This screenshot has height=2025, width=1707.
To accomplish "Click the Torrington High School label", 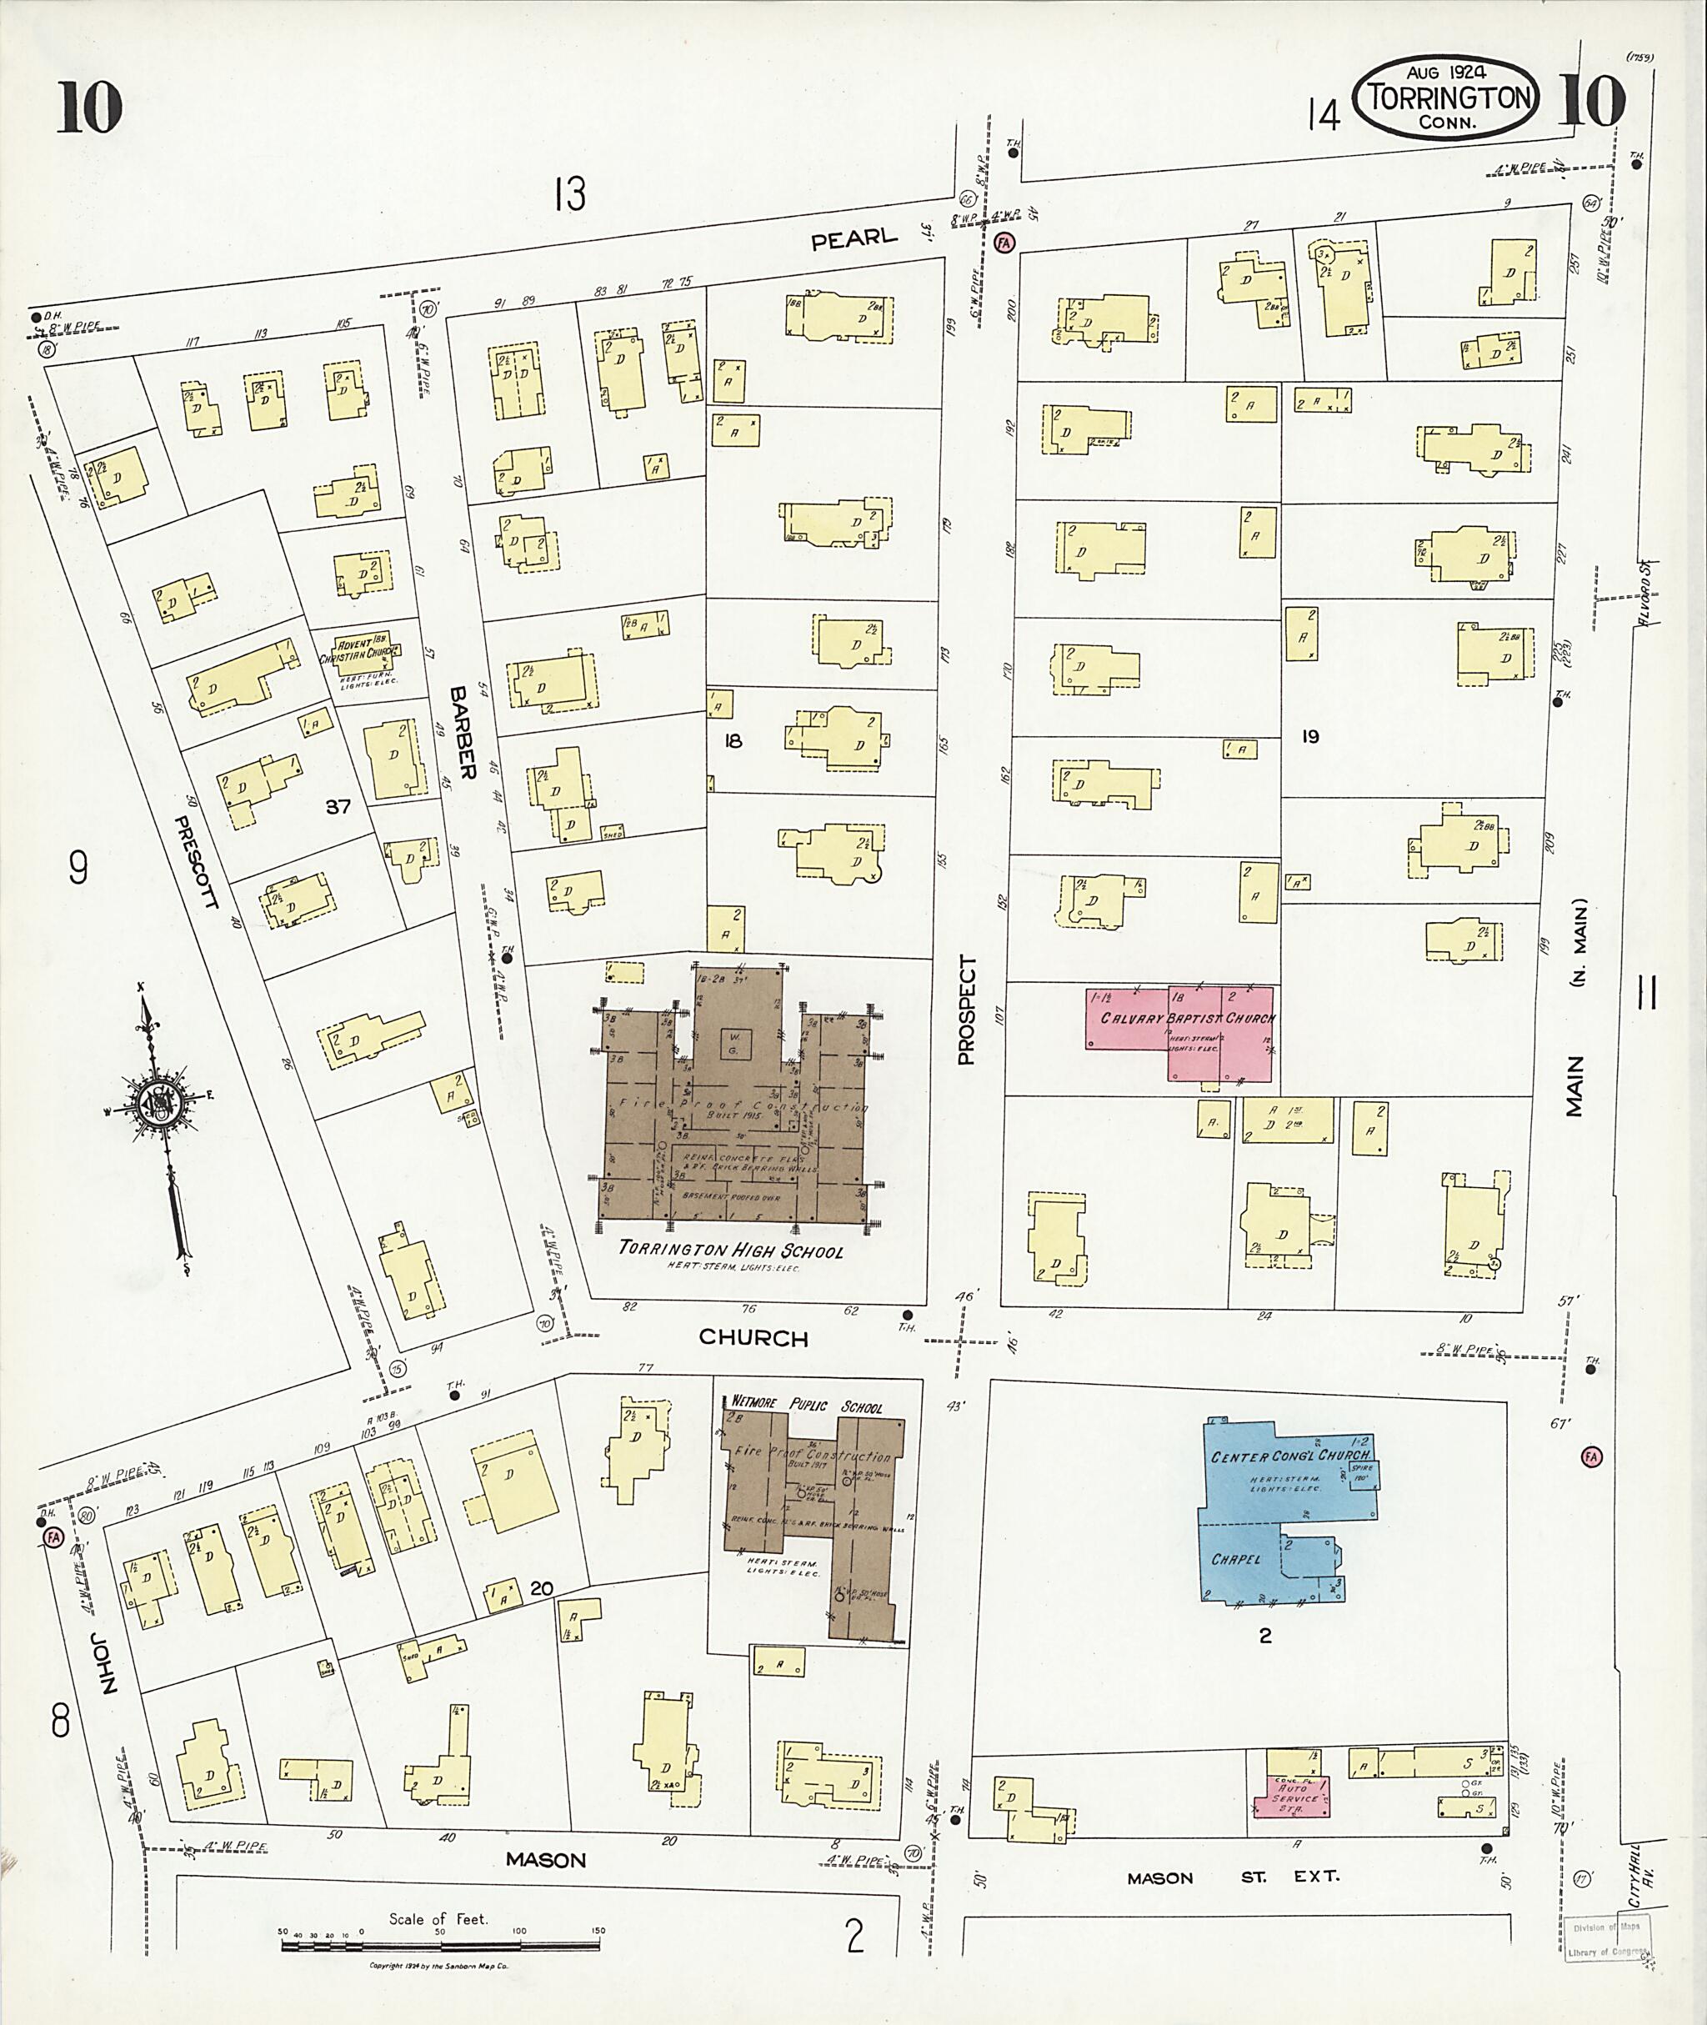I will tap(731, 1250).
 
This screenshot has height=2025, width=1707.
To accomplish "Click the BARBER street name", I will tap(463, 733).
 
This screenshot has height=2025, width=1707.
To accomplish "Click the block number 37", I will tap(338, 806).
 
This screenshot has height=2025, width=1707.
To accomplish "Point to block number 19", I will tap(1309, 737).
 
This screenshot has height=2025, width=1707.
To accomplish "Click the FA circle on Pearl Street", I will tap(1004, 243).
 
